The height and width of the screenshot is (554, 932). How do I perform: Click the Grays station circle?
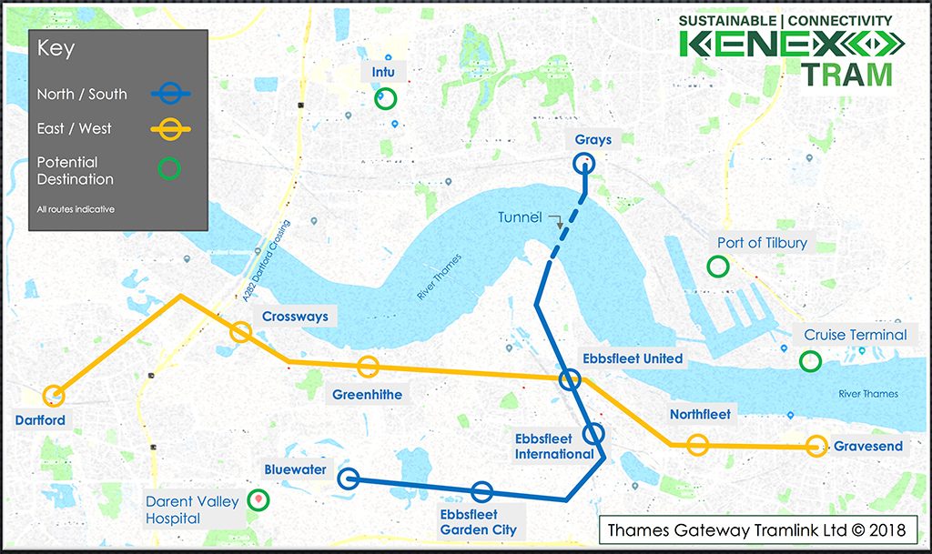click(583, 164)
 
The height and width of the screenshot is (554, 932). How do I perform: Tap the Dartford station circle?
click(55, 395)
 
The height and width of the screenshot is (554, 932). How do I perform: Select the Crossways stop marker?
click(240, 332)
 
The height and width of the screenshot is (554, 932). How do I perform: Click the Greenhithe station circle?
click(368, 367)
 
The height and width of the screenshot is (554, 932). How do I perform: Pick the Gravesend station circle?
click(817, 446)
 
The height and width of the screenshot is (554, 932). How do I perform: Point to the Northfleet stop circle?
click(698, 445)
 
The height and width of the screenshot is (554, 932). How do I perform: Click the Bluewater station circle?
click(348, 478)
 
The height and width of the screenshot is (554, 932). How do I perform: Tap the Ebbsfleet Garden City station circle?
click(482, 492)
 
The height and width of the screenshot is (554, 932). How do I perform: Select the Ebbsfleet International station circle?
click(593, 433)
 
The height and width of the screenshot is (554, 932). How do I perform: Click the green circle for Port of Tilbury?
click(718, 267)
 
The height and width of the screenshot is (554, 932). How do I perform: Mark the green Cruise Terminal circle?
click(809, 361)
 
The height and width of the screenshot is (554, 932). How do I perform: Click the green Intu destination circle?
click(387, 97)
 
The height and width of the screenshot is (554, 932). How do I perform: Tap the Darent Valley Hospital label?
click(193, 509)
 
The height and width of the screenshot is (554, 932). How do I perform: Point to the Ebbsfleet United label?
click(631, 358)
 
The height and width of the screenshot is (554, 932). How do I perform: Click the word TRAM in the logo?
click(846, 75)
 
